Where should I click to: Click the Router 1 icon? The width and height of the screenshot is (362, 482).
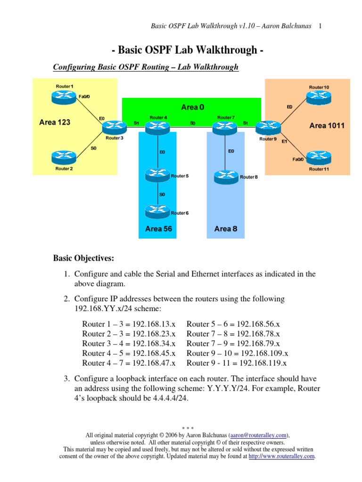(64, 97)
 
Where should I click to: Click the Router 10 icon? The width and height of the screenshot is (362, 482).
(319, 97)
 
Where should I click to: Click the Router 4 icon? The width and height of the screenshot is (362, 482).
(157, 127)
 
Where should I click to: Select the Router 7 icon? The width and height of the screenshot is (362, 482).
(225, 127)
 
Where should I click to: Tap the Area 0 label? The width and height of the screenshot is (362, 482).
(193, 107)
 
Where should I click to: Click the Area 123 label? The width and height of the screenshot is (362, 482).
(55, 122)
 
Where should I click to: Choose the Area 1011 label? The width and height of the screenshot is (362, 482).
(327, 126)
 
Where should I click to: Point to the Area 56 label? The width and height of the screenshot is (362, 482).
(158, 229)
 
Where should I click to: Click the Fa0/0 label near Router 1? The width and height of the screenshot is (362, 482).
(84, 96)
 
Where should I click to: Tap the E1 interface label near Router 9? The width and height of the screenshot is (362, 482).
(285, 141)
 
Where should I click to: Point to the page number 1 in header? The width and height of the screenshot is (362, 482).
(320, 26)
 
